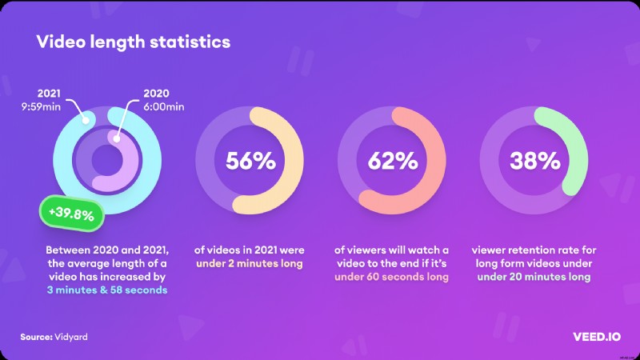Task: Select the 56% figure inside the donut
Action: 250,161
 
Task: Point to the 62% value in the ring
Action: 393,161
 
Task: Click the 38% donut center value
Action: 535,161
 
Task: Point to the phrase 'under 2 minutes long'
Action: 250,265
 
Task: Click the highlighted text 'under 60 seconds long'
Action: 392,277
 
